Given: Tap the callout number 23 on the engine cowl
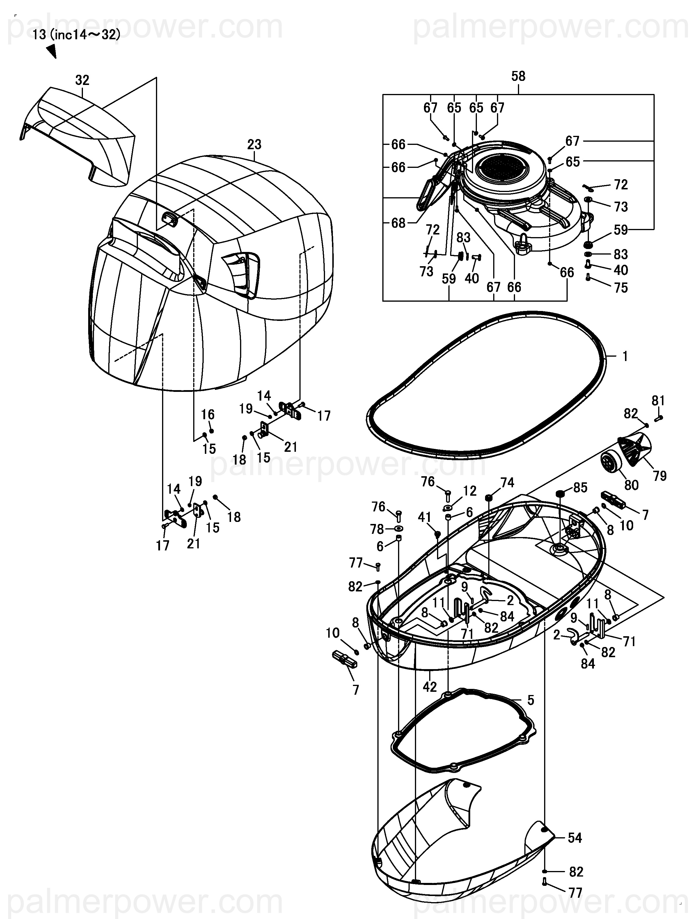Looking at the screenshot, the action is pos(254,145).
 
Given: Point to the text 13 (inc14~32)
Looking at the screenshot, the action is pos(76,35).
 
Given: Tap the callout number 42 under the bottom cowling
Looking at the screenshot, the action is pos(430,687).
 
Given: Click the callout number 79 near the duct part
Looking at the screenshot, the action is pos(659,476).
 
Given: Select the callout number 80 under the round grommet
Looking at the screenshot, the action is pos(631,485).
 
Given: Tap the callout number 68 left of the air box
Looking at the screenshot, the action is pos(398,223).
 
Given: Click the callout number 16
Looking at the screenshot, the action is pos(208,414).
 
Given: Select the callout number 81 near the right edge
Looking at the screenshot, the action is pos(658,401).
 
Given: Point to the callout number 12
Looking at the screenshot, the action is pos(470,491).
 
